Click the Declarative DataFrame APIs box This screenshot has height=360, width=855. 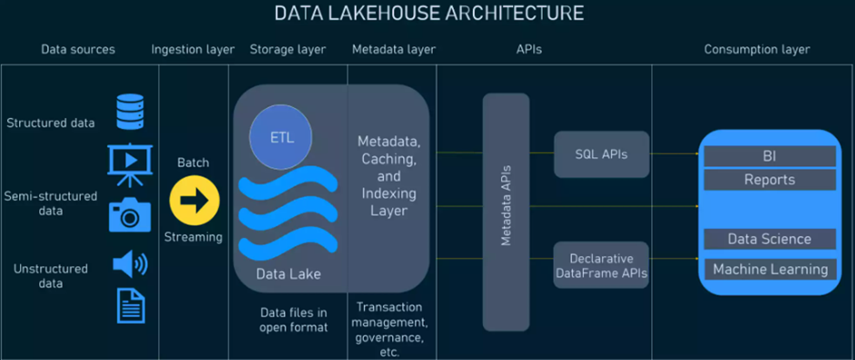tap(600, 265)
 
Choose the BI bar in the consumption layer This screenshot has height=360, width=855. tap(769, 156)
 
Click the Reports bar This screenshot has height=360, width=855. tap(769, 179)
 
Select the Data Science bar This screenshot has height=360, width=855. tap(769, 239)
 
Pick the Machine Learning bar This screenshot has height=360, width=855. tap(769, 269)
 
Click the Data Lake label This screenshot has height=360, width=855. tap(288, 273)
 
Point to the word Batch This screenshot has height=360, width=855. tap(193, 163)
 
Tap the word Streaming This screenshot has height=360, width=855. tap(193, 237)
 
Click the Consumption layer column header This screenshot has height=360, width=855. tap(757, 49)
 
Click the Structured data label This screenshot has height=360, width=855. tap(51, 123)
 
